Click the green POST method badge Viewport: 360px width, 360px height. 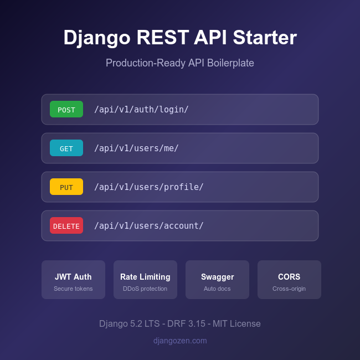[66, 109]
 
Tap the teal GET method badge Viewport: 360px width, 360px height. [66, 148]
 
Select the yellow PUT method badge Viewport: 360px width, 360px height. [66, 187]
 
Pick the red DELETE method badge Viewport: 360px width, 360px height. [66, 225]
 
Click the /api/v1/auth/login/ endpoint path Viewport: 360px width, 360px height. [141, 109]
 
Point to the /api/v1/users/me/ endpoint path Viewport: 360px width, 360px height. [136, 148]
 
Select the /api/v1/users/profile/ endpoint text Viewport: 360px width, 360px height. [149, 187]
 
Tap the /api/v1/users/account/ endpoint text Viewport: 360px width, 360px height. [149, 225]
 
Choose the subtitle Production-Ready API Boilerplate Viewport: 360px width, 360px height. [180, 63]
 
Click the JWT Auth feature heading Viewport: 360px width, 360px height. [73, 277]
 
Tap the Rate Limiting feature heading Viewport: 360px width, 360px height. [145, 277]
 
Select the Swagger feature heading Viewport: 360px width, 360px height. [217, 277]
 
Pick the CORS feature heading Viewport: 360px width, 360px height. [289, 277]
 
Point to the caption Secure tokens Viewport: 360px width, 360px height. [73, 289]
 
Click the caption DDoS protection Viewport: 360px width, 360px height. [145, 289]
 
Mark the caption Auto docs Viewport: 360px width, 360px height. [217, 289]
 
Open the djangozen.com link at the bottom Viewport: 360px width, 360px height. [180, 341]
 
